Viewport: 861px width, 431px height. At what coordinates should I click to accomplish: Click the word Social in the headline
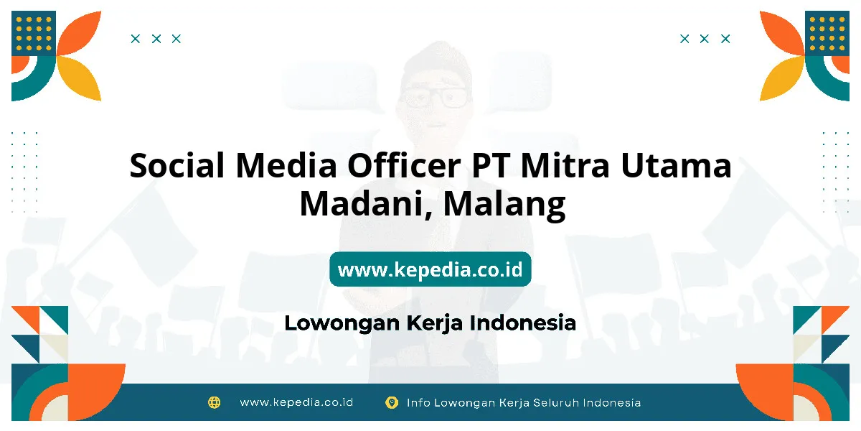pos(177,165)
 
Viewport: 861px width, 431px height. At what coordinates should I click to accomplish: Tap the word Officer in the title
pos(404,165)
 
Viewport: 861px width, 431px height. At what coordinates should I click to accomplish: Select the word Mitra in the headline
pos(565,165)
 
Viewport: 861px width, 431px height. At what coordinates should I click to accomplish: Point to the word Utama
pos(676,165)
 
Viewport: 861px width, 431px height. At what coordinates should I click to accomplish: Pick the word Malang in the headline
pos(504,205)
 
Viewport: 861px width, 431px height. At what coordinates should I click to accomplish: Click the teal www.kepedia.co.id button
pos(430,269)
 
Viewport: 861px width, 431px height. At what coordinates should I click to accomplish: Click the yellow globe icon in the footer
pos(214,402)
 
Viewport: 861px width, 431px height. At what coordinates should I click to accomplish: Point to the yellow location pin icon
pos(392,403)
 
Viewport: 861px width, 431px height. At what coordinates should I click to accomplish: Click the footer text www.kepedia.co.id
pos(296,402)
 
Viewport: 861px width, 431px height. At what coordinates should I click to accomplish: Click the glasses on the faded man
pos(436,98)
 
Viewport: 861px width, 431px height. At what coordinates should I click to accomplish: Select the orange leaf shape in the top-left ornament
pos(79,33)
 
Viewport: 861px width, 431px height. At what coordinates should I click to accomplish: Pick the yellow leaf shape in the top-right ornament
pos(782,78)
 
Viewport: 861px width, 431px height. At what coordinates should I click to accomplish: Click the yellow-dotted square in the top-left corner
pos(34,33)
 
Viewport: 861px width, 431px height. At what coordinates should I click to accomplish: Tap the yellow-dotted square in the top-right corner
pos(827,33)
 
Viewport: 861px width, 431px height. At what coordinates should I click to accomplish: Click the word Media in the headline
pos(286,165)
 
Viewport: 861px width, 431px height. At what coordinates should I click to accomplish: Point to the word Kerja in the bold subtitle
pos(435,323)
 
